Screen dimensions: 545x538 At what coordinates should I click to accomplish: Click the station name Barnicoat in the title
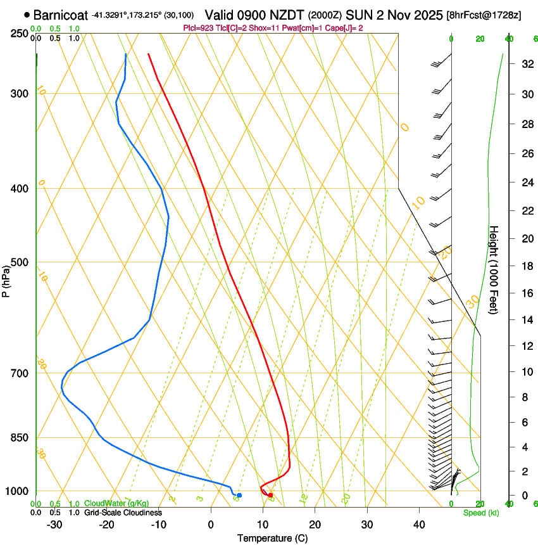pos(60,15)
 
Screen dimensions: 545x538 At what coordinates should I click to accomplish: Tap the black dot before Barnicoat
pos(27,14)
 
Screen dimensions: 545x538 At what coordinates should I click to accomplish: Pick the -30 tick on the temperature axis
pos(54,524)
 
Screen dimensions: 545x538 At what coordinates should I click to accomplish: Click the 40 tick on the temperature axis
pos(418,524)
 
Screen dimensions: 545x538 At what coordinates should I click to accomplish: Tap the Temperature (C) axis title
pos(272,538)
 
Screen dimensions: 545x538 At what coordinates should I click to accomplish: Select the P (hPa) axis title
pos(6,279)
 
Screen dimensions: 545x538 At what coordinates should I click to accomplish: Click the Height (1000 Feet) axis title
pos(494,270)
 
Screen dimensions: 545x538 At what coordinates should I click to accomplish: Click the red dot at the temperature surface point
pos(270,495)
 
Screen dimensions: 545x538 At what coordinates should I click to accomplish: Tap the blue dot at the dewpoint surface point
pos(239,495)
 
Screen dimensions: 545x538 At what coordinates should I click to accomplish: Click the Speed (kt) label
pos(480,513)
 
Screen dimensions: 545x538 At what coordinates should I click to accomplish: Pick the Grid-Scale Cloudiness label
pos(123,512)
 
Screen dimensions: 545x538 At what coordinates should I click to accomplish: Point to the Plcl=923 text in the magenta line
pos(198,28)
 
